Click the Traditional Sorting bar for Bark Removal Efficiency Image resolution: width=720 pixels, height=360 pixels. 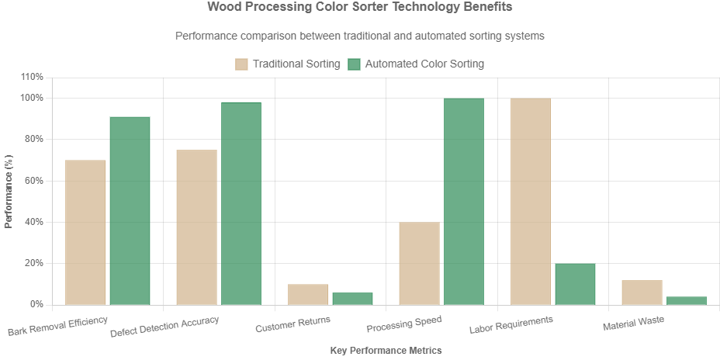(85, 232)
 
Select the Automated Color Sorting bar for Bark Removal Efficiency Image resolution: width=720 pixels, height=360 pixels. (130, 210)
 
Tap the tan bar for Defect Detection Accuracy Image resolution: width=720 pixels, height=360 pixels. (196, 227)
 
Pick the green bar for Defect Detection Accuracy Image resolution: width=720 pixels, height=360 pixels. (241, 203)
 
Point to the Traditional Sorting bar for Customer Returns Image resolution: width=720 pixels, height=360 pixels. (308, 294)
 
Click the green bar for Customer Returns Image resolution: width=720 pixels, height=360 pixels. (352, 298)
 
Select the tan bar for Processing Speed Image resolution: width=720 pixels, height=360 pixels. (419, 263)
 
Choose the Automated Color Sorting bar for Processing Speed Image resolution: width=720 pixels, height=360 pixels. (463, 201)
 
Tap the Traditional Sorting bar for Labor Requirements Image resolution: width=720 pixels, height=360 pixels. (530, 201)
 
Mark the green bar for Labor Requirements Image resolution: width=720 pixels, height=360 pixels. (575, 284)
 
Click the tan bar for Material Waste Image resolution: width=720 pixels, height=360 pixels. (642, 292)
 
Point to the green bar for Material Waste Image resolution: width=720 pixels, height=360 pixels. (686, 300)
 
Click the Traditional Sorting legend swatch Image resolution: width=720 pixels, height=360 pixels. (241, 64)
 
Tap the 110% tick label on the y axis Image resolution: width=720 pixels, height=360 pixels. (33, 77)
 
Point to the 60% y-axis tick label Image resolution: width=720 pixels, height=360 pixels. (35, 180)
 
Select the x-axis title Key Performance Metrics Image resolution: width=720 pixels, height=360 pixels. (386, 351)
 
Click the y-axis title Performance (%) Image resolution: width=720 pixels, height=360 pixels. (9, 190)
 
